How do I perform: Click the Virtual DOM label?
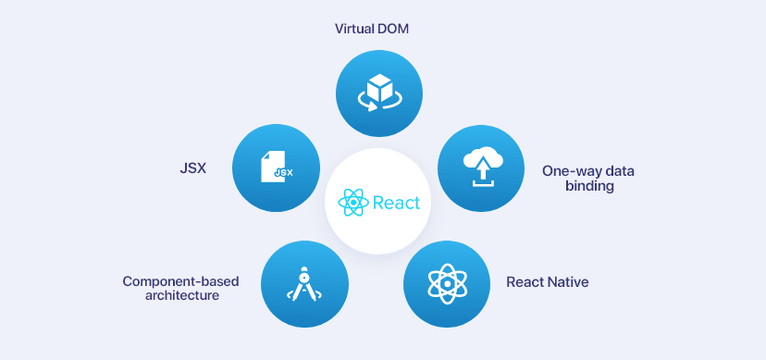coord(372,29)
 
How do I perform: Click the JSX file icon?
coord(277,168)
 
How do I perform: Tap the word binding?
coord(589,186)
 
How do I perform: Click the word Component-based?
coord(170,280)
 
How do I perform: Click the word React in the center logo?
coord(396,203)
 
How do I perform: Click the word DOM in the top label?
coord(393,29)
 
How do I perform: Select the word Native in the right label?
coord(567,281)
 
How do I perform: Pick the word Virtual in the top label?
coord(354,29)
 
